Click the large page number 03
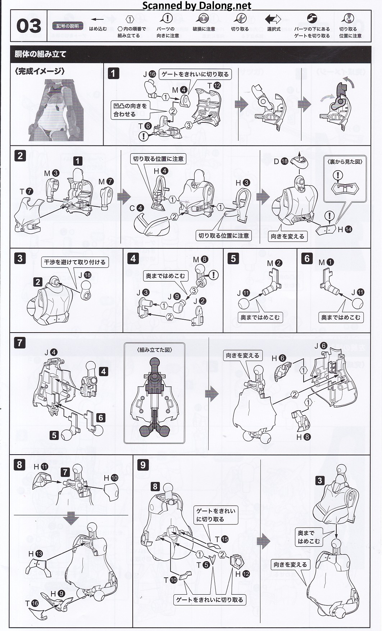(x=29, y=26)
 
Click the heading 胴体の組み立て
(x=40, y=54)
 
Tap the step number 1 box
(x=113, y=73)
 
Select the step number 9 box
(x=143, y=465)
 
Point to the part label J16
(x=149, y=75)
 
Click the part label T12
(x=214, y=86)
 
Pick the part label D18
(x=281, y=161)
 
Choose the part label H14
(x=345, y=229)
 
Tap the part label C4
(x=137, y=208)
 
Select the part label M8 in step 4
(x=201, y=259)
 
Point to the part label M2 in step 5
(x=274, y=263)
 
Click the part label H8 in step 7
(x=303, y=437)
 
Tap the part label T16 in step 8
(x=32, y=603)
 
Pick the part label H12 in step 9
(x=242, y=574)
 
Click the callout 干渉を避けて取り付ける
(x=75, y=262)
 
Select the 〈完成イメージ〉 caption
(x=40, y=71)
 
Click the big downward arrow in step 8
(x=72, y=518)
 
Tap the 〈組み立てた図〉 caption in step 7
(x=154, y=350)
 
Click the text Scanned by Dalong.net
(x=197, y=5)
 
